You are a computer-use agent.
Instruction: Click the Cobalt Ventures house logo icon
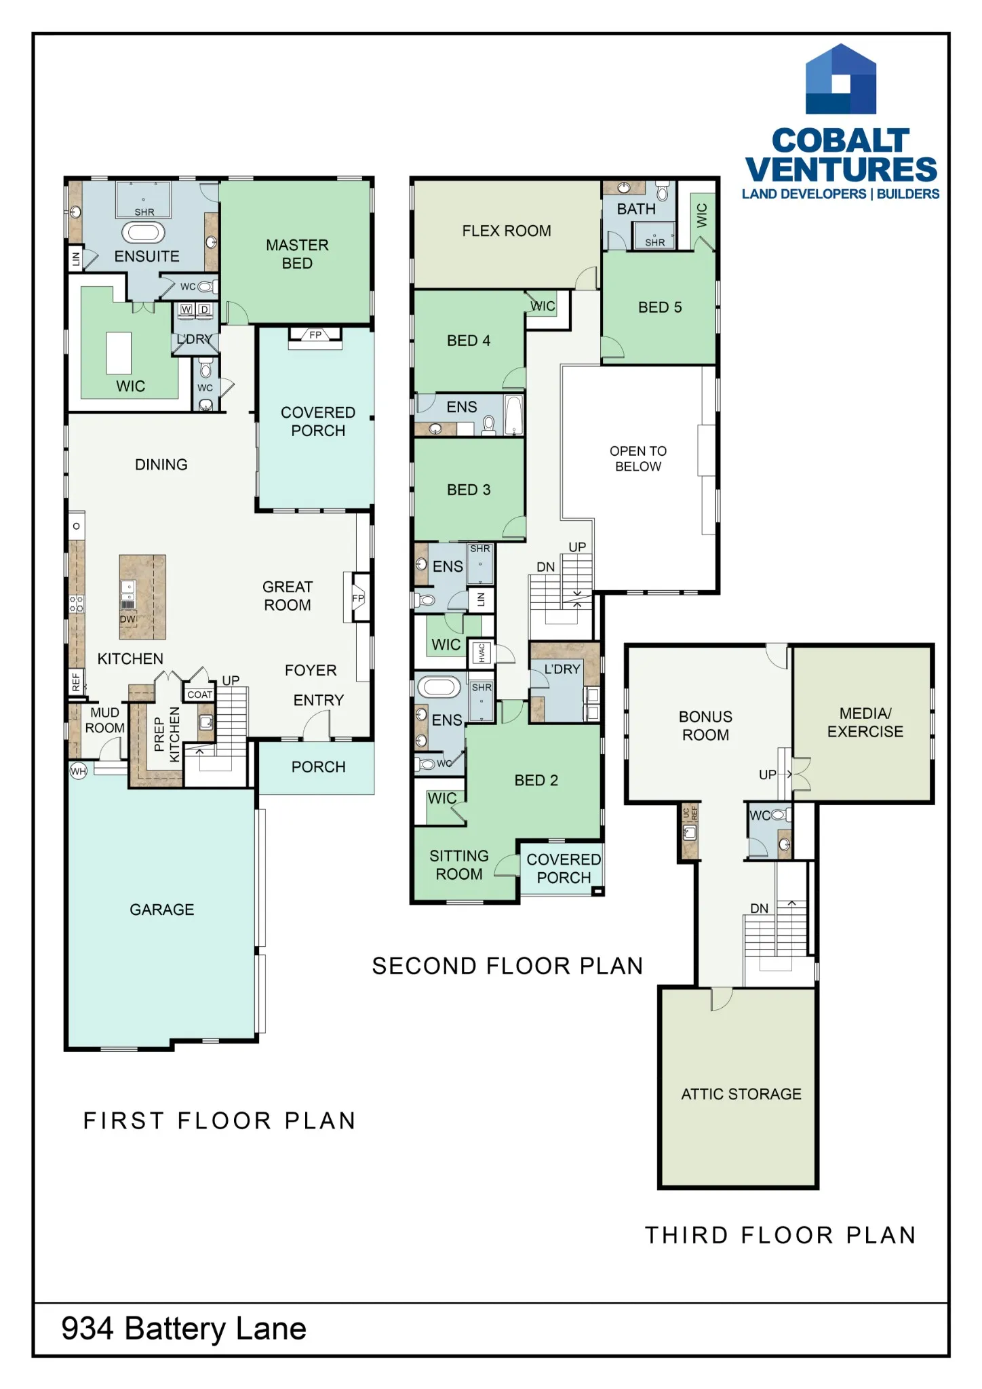pos(840,79)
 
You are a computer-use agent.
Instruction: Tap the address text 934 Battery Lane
pos(184,1329)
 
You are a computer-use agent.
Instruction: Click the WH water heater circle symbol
pos(79,770)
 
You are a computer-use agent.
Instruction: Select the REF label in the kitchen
pos(76,680)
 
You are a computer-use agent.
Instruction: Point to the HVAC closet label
pos(482,652)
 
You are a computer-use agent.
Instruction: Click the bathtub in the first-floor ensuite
pos(143,233)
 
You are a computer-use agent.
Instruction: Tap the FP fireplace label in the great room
pos(358,598)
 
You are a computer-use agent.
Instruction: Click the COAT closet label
pos(200,694)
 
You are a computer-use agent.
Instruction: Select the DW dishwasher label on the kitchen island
pos(127,619)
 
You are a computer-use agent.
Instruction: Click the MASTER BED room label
pos(297,254)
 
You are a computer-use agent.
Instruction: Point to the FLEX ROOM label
pos(507,231)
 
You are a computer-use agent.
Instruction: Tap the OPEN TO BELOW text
pos(638,458)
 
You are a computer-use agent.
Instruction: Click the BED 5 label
pos(660,307)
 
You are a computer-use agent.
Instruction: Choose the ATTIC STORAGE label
pos(741,1094)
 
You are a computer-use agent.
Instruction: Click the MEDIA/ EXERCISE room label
pos(865,722)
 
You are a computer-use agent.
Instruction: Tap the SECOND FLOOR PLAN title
pos(507,966)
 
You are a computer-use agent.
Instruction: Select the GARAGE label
pos(162,909)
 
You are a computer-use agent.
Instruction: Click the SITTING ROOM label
pos(459,865)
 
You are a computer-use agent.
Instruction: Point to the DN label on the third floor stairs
pos(760,908)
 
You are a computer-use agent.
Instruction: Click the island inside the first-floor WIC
pos(119,353)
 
